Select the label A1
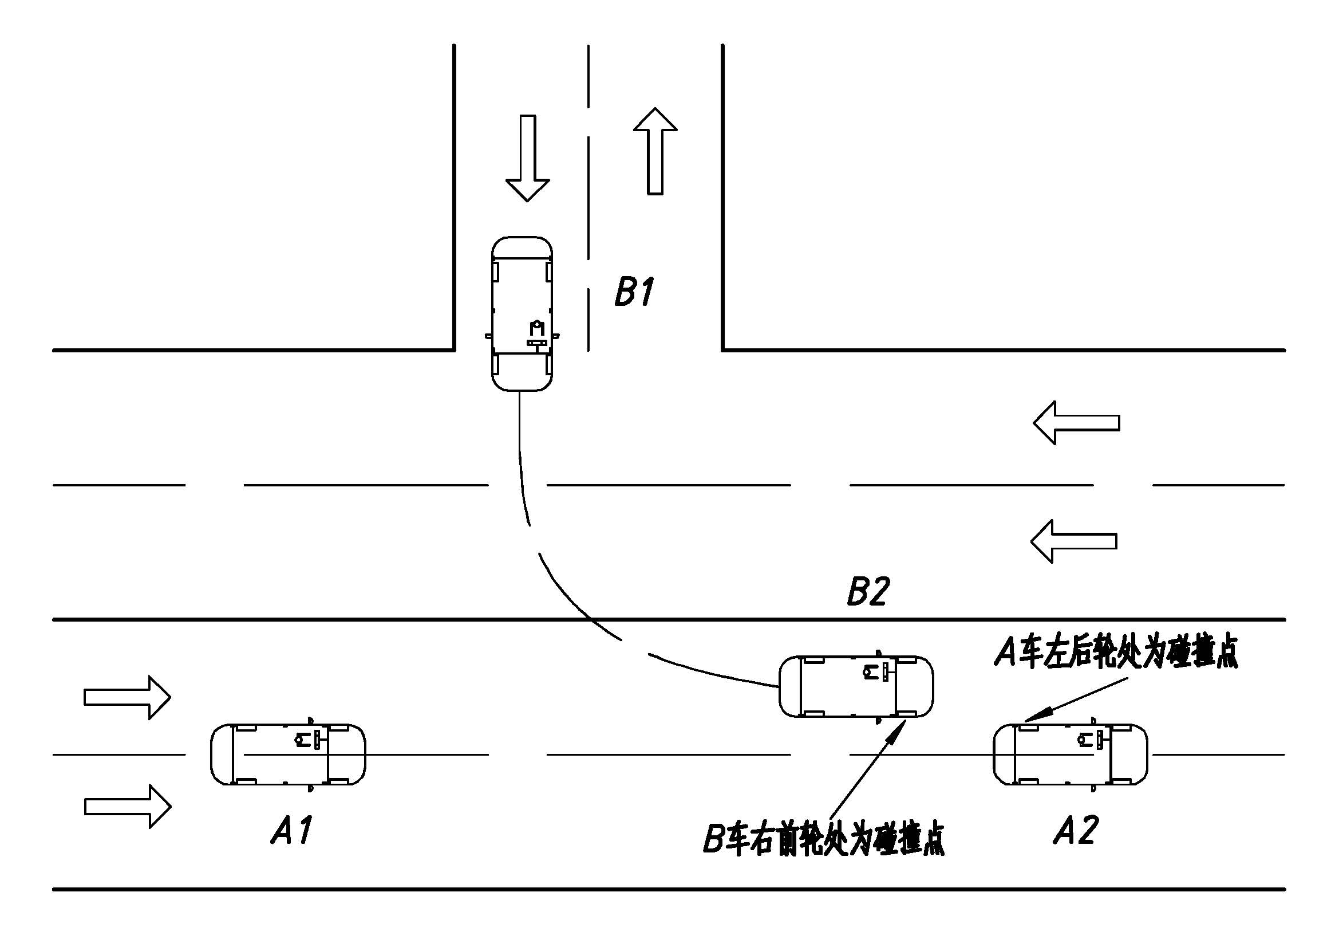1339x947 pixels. pyautogui.click(x=291, y=830)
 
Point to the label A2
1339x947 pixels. pyautogui.click(x=1076, y=830)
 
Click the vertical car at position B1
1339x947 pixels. pyautogui.click(x=522, y=313)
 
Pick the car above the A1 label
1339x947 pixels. pyautogui.click(x=288, y=754)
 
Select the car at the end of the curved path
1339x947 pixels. pyautogui.click(x=856, y=686)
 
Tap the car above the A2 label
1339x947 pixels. pyautogui.click(x=1071, y=754)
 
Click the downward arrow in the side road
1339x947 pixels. pyautogui.click(x=527, y=158)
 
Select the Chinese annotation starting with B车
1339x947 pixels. pyautogui.click(x=823, y=839)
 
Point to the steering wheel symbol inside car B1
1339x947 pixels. pyautogui.click(x=537, y=328)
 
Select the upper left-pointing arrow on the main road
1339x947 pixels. pyautogui.click(x=1076, y=422)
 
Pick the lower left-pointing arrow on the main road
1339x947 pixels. pyautogui.click(x=1073, y=541)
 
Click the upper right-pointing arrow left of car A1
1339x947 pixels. pyautogui.click(x=127, y=697)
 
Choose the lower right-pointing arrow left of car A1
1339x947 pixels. pyautogui.click(x=128, y=806)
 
